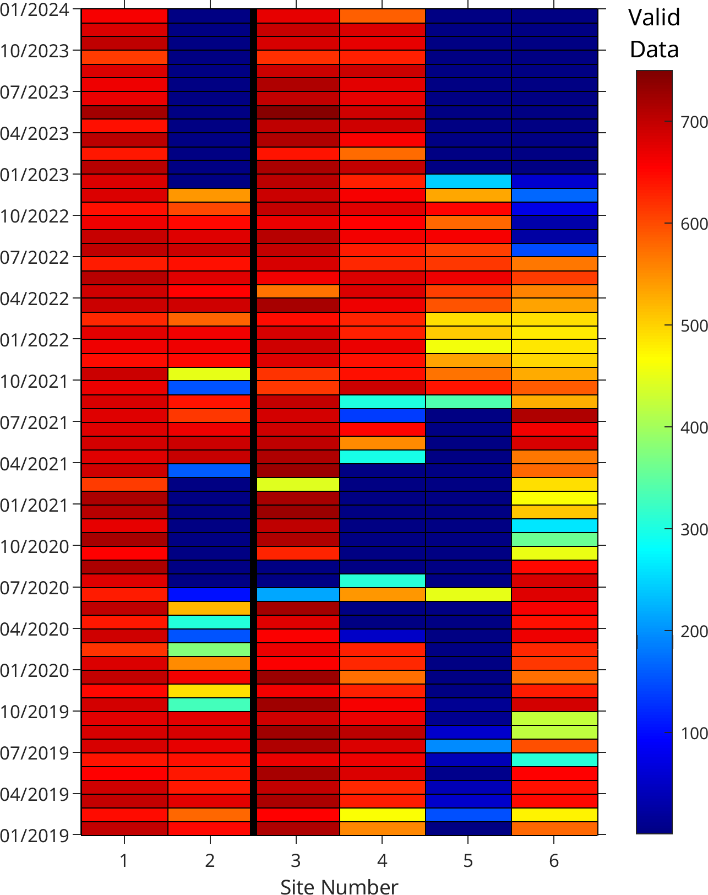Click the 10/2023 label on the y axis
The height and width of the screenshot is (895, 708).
pos(34,51)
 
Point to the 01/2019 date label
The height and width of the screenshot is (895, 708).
pos(34,836)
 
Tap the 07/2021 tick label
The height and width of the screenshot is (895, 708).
pos(34,423)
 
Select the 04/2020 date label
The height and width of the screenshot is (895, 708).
pos(34,629)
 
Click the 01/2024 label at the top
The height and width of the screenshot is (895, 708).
pos(34,9)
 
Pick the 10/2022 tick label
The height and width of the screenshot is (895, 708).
pos(34,216)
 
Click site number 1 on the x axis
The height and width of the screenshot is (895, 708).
pos(124,860)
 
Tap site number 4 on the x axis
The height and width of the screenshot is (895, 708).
pos(382,860)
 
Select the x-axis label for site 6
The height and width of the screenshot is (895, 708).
pos(554,860)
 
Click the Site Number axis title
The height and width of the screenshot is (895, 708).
pos(339,887)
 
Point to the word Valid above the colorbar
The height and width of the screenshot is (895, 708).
pos(654,18)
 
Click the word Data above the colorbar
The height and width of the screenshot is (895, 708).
pos(654,50)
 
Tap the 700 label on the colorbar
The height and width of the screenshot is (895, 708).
pos(694,122)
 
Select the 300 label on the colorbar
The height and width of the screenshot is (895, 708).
pos(694,529)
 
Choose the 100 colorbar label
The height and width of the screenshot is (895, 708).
pos(694,733)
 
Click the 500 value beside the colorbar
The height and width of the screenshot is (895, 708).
pos(694,326)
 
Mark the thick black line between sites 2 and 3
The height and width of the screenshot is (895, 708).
pos(253,422)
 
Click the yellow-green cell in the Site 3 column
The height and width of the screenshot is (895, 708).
pos(298,484)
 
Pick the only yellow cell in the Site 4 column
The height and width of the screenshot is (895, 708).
pos(382,815)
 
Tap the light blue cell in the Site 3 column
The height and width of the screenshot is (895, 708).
pos(298,594)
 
